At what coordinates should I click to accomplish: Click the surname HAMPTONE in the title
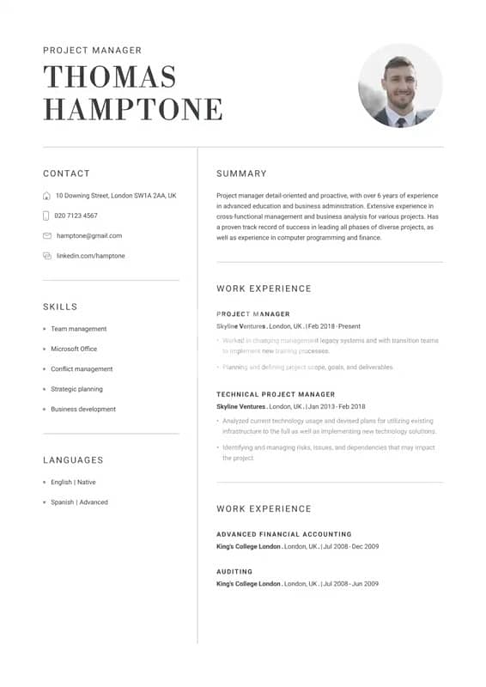coord(133,109)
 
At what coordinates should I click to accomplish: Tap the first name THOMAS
coord(110,77)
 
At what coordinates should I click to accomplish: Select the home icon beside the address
coord(46,196)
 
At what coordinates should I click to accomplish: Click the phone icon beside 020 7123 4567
coord(46,216)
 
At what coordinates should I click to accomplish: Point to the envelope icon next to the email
coord(46,235)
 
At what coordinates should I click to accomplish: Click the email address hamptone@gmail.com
coord(89,235)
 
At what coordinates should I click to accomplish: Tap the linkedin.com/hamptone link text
coord(90,256)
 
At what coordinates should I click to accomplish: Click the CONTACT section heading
coord(66,173)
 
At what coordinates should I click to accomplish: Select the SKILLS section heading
coord(60,307)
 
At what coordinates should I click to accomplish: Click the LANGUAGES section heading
coord(73,460)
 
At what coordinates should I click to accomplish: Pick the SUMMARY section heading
coord(241,173)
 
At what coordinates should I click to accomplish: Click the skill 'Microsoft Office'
coord(74,349)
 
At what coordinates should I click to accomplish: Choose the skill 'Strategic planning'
coord(76,389)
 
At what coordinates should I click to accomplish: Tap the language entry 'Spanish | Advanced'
coord(79,502)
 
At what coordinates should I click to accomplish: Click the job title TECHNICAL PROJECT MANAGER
coord(276,394)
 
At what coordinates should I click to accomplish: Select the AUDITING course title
coord(234,571)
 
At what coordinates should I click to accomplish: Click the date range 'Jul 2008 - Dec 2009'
coord(350,546)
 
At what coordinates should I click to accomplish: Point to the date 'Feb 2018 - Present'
coord(334,326)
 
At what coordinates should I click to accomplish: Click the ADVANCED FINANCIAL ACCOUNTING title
coord(283,534)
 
